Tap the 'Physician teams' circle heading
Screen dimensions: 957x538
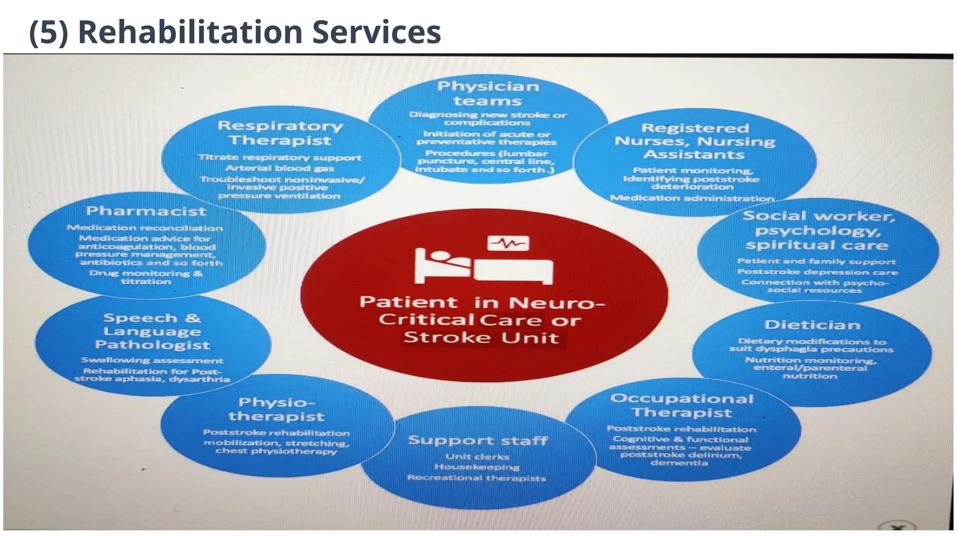[x=488, y=93]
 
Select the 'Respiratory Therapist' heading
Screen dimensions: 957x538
[x=280, y=133]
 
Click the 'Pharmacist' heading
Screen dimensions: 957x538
[x=146, y=211]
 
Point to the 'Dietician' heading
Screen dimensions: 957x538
[x=812, y=325]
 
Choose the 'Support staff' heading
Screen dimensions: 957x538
[x=478, y=440]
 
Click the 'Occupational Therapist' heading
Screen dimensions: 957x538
[x=682, y=405]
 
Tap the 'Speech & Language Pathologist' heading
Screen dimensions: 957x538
[x=152, y=331]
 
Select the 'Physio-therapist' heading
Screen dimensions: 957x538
[x=277, y=409]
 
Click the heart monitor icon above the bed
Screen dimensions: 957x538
[x=508, y=243]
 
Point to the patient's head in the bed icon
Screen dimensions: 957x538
[x=440, y=256]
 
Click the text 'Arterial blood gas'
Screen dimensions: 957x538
[x=279, y=168]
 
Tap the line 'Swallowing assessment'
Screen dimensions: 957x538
[x=152, y=360]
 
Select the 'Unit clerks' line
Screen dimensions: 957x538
[x=477, y=456]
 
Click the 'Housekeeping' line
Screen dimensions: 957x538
[x=477, y=467]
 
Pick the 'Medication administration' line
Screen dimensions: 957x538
[x=692, y=198]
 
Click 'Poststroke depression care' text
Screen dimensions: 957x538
[x=817, y=272]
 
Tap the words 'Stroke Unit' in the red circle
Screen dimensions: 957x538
[x=481, y=337]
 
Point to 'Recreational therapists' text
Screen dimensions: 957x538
[x=477, y=478]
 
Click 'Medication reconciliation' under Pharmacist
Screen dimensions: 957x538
[x=145, y=228]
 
